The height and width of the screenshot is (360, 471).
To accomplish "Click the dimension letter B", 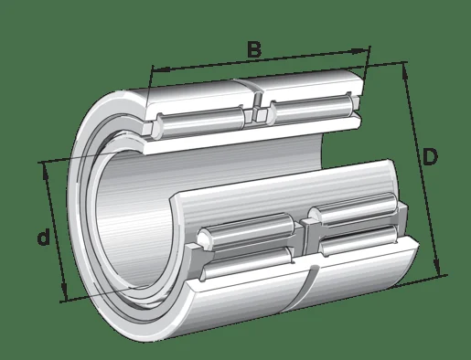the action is click(x=254, y=50).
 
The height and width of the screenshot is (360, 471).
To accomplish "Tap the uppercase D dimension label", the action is click(x=430, y=157).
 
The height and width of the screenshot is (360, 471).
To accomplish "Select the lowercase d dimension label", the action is click(x=43, y=238).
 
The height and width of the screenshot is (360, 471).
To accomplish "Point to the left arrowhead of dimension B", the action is click(x=161, y=69).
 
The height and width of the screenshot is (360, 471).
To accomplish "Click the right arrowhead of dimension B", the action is click(x=359, y=51).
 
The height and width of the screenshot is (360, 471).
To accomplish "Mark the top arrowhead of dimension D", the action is click(x=405, y=72).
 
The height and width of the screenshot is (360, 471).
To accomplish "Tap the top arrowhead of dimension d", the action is click(x=46, y=171).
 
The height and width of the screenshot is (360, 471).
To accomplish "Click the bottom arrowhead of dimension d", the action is click(x=64, y=291).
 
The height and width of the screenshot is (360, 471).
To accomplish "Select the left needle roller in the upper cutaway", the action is click(x=201, y=121).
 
